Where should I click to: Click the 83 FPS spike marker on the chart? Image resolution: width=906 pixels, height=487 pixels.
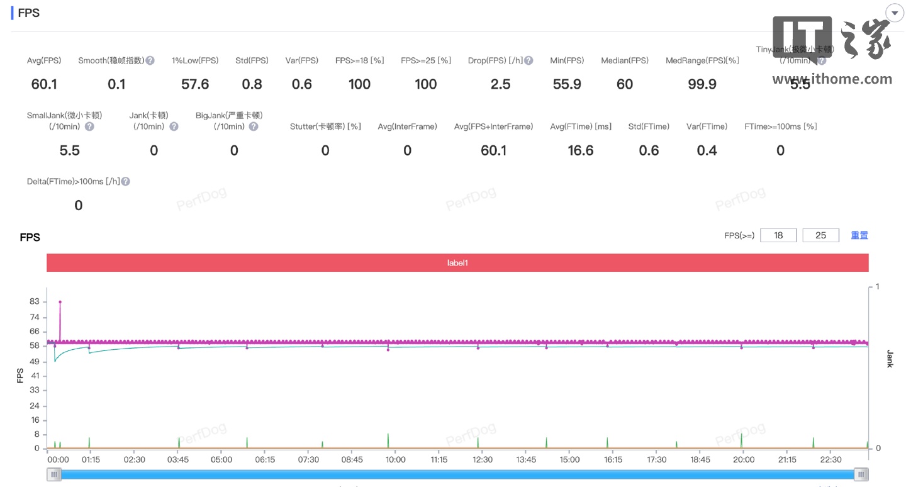(x=60, y=302)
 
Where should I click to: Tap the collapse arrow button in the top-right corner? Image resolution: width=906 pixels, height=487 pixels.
(x=894, y=13)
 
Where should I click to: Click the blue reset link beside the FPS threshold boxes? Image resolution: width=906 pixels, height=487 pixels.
(x=859, y=235)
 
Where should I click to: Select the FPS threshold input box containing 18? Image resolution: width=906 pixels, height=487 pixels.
(x=778, y=235)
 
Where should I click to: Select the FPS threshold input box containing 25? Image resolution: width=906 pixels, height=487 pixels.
(x=820, y=235)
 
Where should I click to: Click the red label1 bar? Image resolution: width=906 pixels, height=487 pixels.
(x=457, y=263)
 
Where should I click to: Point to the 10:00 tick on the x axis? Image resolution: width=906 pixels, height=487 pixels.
(x=396, y=460)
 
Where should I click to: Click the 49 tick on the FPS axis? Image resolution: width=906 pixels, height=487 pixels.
(x=34, y=361)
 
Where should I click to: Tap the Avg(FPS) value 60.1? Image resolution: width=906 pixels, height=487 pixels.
(x=44, y=84)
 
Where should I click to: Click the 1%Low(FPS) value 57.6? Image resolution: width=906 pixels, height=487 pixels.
(x=195, y=84)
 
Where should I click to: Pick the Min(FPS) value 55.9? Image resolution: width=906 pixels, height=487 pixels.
(x=567, y=84)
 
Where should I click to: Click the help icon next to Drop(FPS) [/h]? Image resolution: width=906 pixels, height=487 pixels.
(x=528, y=61)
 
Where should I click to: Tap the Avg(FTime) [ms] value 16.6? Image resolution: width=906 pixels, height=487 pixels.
(x=581, y=150)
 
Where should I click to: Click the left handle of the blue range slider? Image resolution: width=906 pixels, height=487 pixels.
(x=54, y=474)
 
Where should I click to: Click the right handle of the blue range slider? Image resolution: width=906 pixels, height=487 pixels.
(x=861, y=474)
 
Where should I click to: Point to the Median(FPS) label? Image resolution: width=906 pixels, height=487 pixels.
(x=624, y=60)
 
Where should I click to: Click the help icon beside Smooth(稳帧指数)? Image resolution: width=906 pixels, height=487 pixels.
(x=150, y=61)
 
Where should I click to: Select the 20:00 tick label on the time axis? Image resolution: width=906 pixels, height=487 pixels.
(x=744, y=460)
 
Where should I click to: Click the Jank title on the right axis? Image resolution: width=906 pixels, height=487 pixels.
(x=890, y=359)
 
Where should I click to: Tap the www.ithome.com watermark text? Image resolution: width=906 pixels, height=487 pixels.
(x=832, y=79)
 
